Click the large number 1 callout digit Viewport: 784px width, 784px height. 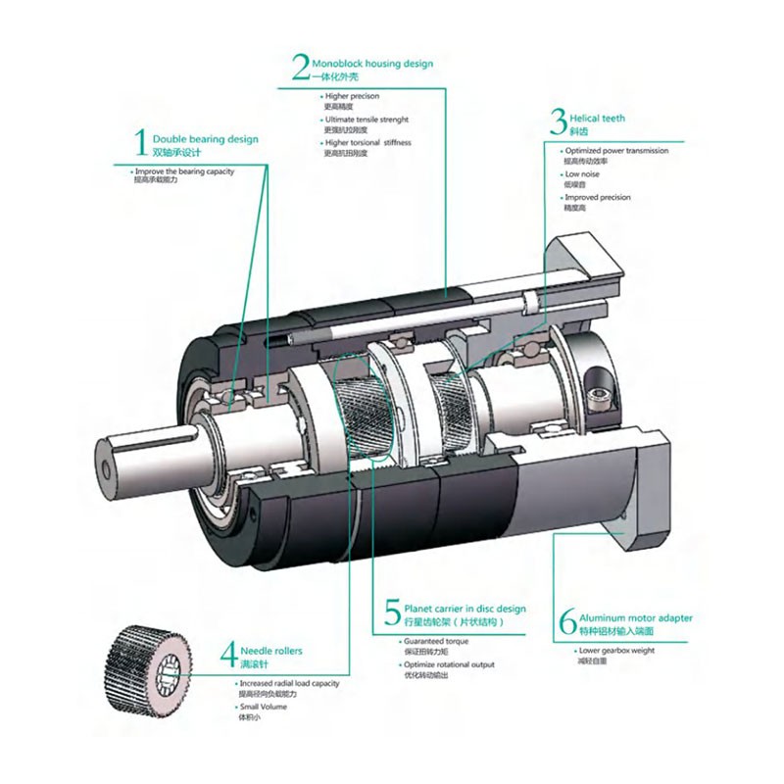click(140, 143)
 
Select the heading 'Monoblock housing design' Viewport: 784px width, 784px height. click(371, 64)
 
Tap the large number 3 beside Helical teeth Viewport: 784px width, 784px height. click(557, 122)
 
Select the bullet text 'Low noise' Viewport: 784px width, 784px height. click(581, 174)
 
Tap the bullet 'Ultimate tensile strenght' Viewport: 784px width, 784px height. click(367, 120)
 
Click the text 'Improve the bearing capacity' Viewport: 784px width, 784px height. click(185, 171)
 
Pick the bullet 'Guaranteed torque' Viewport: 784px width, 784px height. click(436, 641)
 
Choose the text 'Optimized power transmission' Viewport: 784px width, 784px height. click(616, 151)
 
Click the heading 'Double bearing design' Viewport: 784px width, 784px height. click(205, 139)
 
